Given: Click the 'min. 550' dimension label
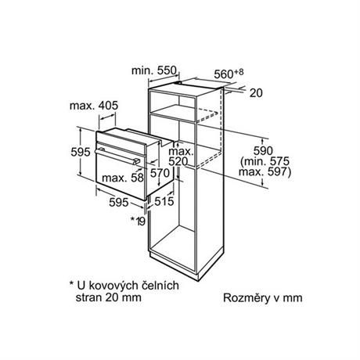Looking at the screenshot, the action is click(x=154, y=70).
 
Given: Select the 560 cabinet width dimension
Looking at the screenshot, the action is click(x=224, y=74).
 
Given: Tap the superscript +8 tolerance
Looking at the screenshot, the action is click(x=239, y=72).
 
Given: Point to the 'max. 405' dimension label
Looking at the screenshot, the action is click(x=94, y=106).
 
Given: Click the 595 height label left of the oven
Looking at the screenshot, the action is click(x=81, y=152).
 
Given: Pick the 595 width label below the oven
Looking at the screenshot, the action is click(x=119, y=202).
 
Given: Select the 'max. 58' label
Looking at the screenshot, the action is click(x=123, y=178).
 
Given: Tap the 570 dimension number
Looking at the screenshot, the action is click(x=160, y=173).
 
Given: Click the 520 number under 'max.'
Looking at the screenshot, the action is click(x=178, y=162).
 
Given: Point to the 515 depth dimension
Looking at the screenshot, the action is click(x=164, y=201).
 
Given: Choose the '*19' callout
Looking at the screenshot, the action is click(x=138, y=221).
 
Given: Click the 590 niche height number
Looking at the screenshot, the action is click(x=263, y=151).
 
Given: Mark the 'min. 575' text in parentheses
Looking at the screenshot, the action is click(x=265, y=161).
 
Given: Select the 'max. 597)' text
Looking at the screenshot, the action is click(x=265, y=172).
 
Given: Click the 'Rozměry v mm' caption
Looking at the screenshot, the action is click(x=263, y=298).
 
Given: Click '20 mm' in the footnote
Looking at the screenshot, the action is click(x=123, y=297).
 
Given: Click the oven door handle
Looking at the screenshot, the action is click(x=118, y=156).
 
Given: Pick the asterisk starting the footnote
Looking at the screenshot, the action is click(x=71, y=283).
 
